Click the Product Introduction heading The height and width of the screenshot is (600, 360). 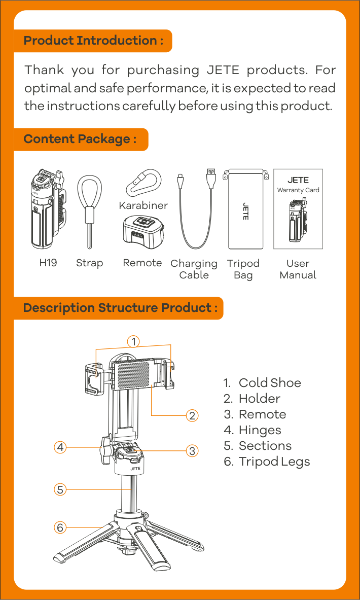pos(93,41)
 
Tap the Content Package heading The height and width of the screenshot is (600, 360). pos(80,139)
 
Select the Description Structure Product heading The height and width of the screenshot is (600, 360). pos(121,308)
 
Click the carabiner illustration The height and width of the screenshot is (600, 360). pos(143,182)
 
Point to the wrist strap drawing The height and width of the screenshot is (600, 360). pos(90,211)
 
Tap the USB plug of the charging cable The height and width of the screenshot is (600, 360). pos(211,179)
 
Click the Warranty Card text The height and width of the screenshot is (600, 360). pos(298,190)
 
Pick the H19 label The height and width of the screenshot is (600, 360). pos(48,263)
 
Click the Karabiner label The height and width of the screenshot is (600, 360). pos(143,205)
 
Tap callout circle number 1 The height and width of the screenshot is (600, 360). pos(133,341)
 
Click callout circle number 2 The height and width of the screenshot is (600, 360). pos(192,415)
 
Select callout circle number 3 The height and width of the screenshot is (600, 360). pos(192,451)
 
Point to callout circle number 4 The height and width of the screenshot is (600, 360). pos(60,447)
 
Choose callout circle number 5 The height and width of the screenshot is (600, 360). pos(60,489)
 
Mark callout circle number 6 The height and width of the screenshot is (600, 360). pos(60,527)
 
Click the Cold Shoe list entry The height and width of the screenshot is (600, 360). pos(263,382)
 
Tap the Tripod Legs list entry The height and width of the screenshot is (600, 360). pos(267,462)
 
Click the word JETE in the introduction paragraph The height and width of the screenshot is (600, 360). pos(223,70)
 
